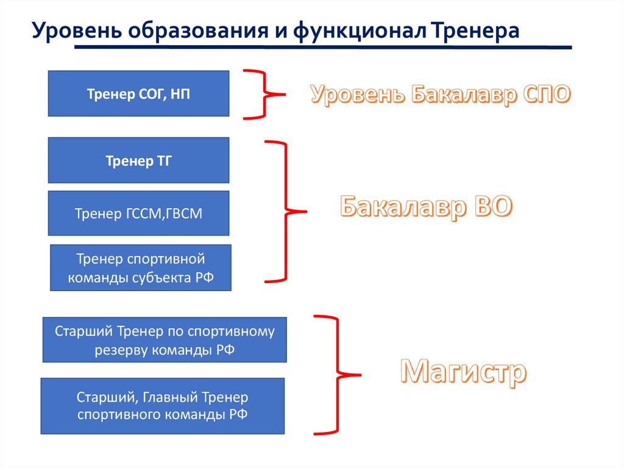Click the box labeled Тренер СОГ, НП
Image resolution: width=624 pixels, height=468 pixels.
(x=138, y=93)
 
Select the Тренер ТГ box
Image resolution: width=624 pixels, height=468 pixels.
(x=138, y=160)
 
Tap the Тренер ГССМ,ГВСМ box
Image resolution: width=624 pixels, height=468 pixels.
(x=138, y=214)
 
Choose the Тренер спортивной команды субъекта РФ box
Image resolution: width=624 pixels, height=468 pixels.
(x=140, y=268)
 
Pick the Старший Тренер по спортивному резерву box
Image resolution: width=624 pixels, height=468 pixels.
(x=165, y=340)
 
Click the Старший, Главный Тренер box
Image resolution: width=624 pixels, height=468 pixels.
(x=162, y=406)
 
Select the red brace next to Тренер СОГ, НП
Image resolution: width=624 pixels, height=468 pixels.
(x=264, y=94)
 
